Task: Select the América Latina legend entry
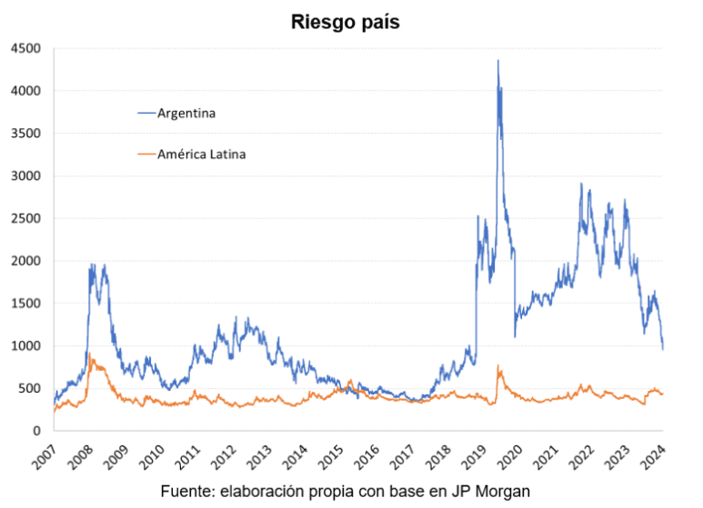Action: pos(201,154)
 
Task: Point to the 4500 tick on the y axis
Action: pos(25,48)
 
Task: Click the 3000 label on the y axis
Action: pos(25,176)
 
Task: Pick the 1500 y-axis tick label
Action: pos(25,304)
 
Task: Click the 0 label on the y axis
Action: pos(37,431)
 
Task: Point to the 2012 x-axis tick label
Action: pos(224,454)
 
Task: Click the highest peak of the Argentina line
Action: pos(497,61)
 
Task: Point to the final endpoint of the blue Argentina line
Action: pos(663,348)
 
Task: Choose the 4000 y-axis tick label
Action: pos(25,91)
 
